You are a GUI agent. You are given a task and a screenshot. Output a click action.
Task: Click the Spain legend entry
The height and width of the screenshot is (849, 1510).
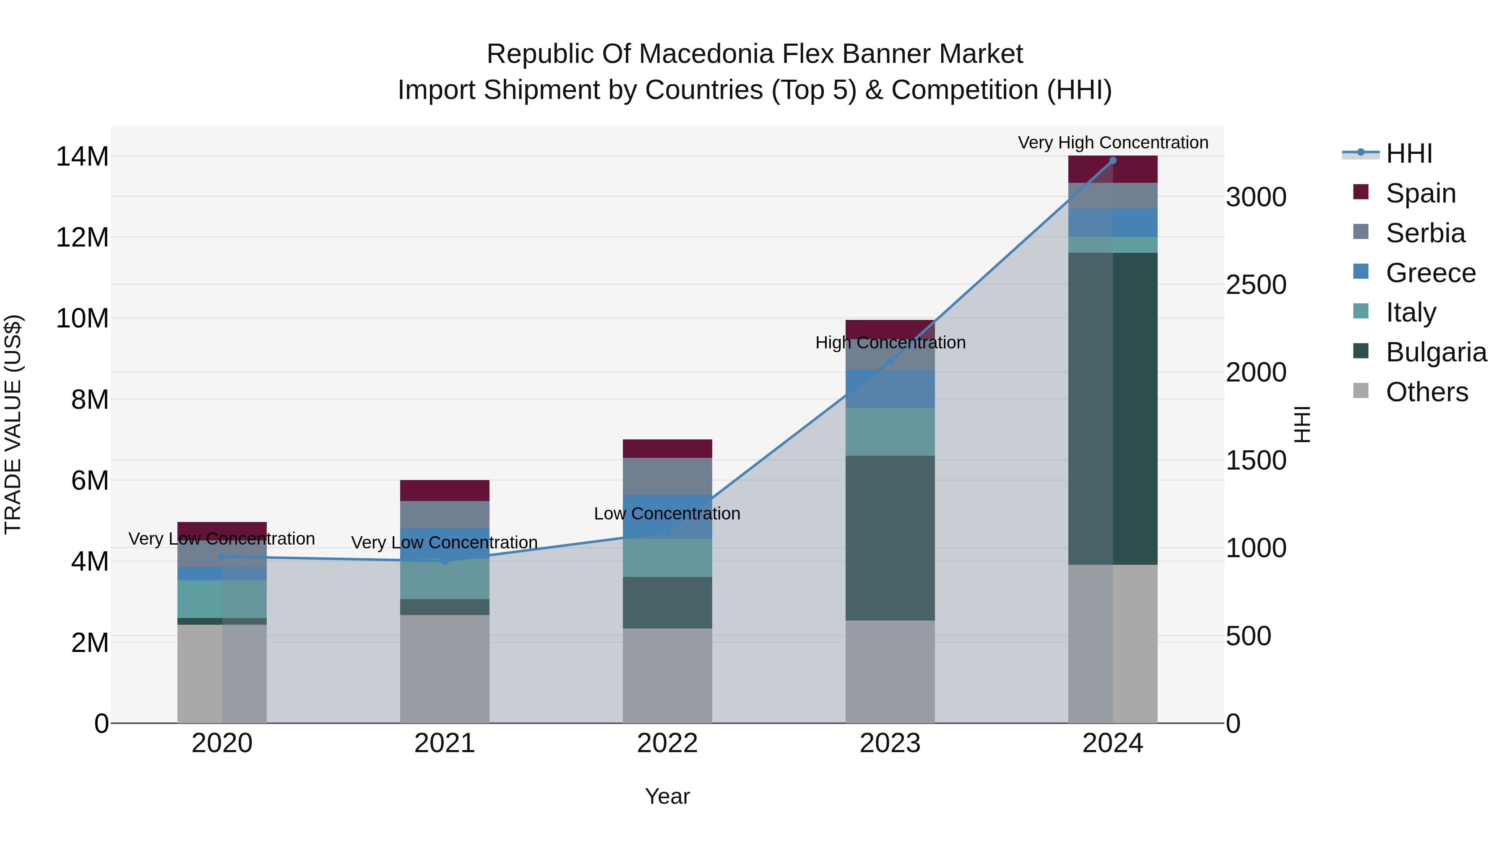point(1420,193)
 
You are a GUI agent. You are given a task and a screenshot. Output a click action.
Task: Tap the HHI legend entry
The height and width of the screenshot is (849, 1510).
point(1408,153)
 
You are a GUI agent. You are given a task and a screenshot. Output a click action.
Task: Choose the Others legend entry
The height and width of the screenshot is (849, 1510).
point(1426,392)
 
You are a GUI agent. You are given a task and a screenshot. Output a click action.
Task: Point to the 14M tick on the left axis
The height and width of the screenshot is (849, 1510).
point(82,157)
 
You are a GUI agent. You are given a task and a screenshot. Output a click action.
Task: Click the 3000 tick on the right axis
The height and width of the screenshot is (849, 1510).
point(1255,197)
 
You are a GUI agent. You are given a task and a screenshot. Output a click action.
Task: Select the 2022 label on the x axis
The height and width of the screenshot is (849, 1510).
point(667,743)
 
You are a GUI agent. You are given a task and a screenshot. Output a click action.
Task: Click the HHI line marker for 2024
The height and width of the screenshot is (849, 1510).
point(1112,161)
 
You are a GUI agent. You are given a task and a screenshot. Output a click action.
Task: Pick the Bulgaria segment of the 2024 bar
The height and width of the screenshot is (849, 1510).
point(1112,408)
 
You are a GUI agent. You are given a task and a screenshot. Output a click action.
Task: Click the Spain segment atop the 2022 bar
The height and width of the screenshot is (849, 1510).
point(667,449)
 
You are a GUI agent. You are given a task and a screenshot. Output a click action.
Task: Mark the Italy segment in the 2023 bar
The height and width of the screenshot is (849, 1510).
point(890,432)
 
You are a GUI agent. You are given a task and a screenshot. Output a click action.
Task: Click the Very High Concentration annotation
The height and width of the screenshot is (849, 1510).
point(1112,143)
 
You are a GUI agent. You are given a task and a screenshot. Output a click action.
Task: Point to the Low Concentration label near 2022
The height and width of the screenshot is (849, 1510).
point(666,514)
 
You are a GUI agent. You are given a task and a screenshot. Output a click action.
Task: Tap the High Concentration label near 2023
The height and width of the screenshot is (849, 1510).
point(890,343)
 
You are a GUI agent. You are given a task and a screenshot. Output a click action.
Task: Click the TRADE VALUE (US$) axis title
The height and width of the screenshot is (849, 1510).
point(13,424)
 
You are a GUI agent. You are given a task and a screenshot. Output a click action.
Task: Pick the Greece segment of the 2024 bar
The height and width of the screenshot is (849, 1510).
point(1112,223)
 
